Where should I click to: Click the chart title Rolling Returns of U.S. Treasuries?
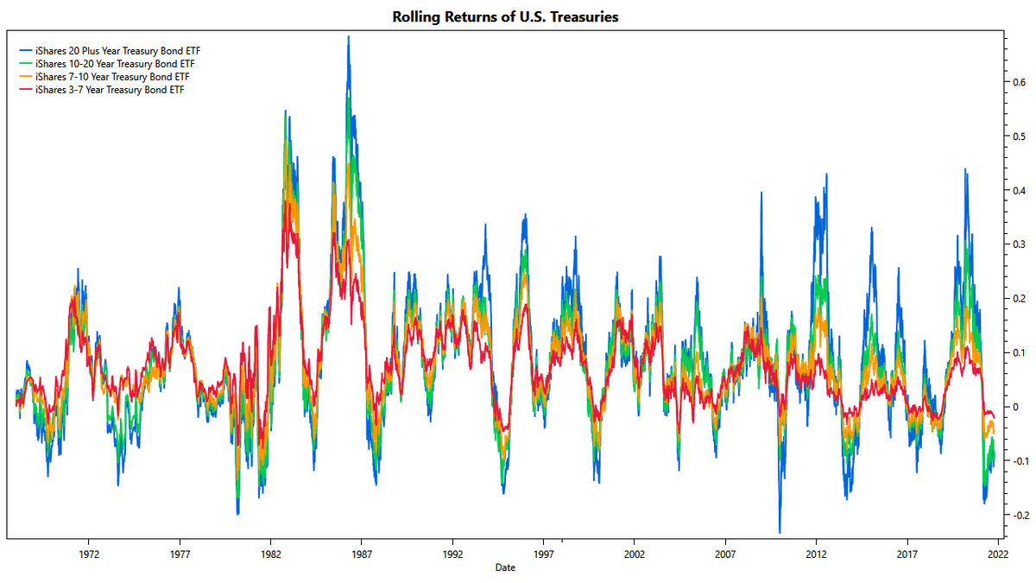pyautogui.click(x=505, y=17)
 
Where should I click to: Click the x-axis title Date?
pyautogui.click(x=505, y=568)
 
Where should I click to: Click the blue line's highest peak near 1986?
pyautogui.click(x=348, y=37)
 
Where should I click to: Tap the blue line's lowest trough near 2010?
pyautogui.click(x=780, y=532)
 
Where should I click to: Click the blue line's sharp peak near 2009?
pyautogui.click(x=761, y=193)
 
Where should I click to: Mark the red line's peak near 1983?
pyautogui.click(x=286, y=204)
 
